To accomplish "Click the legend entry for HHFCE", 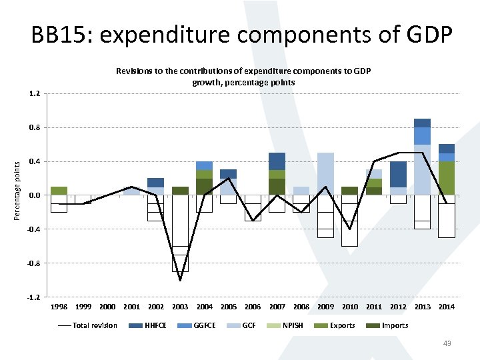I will (157, 325).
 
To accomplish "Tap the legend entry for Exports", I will (341, 325).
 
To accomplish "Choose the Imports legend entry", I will (395, 325).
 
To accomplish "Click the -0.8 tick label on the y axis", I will (33, 263).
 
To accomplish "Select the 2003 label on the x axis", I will (180, 307).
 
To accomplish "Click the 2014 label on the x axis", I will (447, 307).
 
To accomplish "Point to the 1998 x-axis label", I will (59, 307).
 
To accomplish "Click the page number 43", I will (447, 343).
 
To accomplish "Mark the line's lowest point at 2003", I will (180, 280).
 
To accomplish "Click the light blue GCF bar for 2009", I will (325, 173).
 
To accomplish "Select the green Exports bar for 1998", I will (59, 191).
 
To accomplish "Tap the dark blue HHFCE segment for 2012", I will (398, 174).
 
